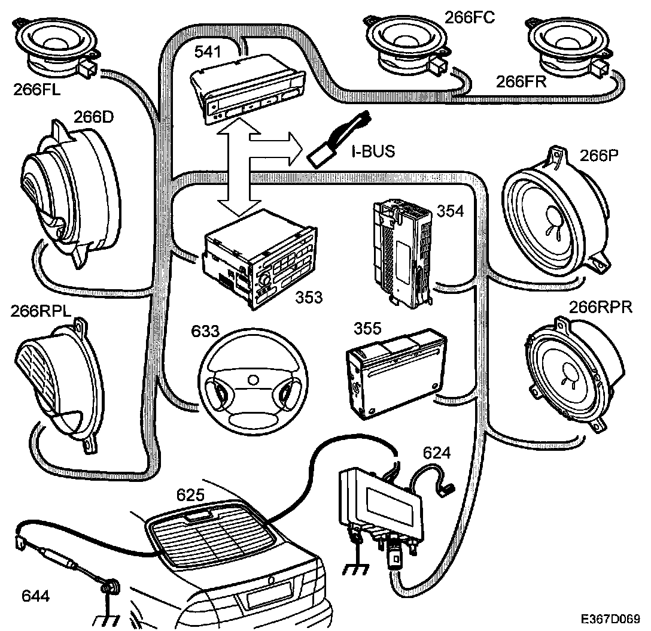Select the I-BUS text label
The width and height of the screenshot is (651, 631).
pyautogui.click(x=372, y=151)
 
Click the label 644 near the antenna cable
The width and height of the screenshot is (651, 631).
pyautogui.click(x=36, y=596)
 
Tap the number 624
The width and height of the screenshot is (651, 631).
pyautogui.click(x=436, y=453)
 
